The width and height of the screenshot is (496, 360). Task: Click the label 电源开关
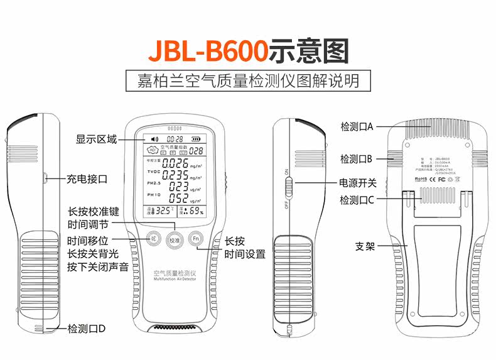coord(358,183)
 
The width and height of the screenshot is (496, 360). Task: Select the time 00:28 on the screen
coord(174,139)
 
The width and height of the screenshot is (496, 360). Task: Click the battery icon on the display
coord(197,139)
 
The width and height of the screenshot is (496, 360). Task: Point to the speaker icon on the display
coord(153,139)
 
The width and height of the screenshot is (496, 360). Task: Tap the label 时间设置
coord(245,254)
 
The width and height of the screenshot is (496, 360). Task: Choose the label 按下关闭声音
coord(98,267)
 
